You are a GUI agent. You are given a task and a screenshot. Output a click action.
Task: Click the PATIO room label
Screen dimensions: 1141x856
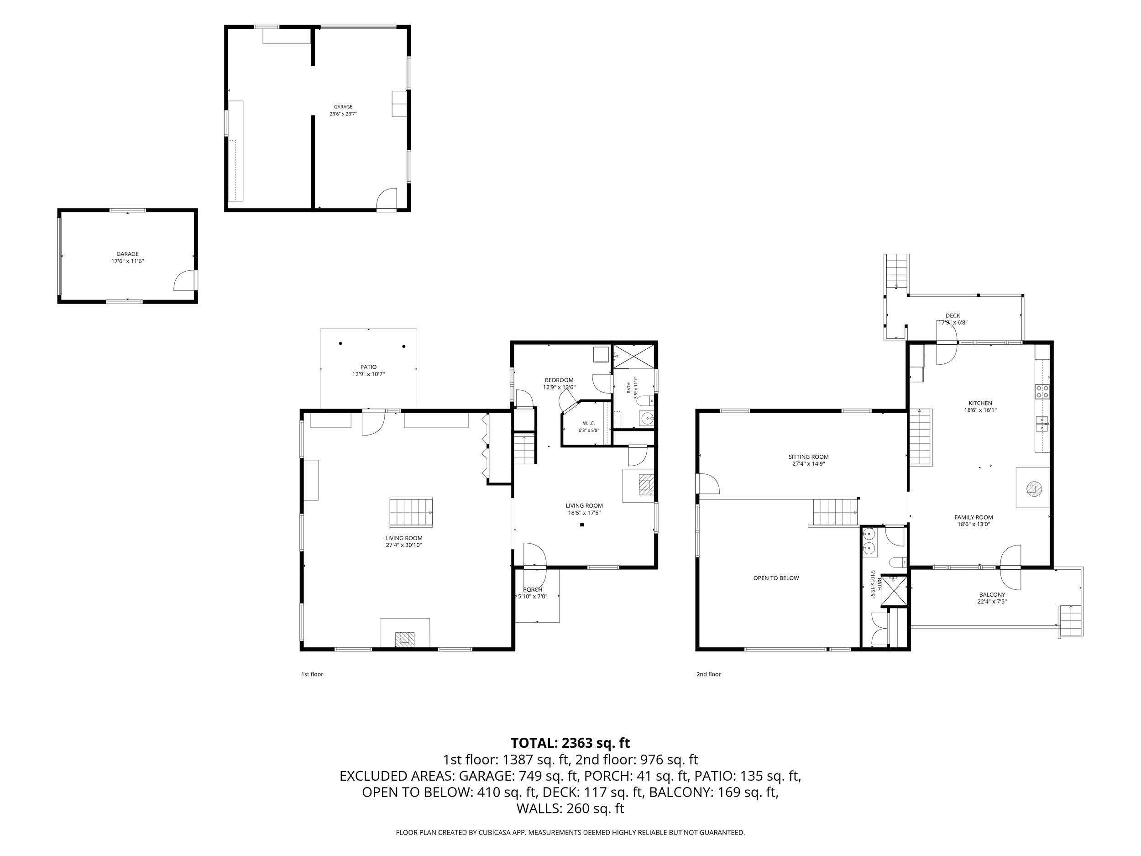(x=368, y=368)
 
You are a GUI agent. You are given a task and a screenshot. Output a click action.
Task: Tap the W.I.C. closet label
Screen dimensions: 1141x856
(x=589, y=423)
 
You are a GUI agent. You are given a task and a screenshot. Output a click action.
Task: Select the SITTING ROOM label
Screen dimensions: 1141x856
(x=808, y=457)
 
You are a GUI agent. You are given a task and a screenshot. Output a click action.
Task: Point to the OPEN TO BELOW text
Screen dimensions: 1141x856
(x=776, y=578)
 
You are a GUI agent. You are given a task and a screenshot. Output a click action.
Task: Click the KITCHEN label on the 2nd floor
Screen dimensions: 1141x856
(x=980, y=404)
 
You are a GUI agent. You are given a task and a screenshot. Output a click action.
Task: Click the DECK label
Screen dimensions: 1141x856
(x=953, y=316)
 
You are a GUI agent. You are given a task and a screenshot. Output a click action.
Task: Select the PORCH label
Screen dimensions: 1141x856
(x=533, y=590)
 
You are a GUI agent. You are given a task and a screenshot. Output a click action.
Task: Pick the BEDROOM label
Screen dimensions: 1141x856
(x=559, y=380)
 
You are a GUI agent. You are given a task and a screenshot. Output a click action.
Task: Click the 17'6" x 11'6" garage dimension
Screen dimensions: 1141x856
(x=127, y=261)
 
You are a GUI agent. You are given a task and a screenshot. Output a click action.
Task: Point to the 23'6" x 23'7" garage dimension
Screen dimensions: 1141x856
(x=343, y=114)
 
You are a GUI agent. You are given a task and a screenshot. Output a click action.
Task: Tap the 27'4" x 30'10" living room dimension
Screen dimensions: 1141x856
(x=404, y=545)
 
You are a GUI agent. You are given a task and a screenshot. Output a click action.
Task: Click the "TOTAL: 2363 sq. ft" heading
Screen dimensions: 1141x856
(x=570, y=743)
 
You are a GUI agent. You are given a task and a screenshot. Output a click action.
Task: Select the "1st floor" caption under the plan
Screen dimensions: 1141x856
(x=312, y=674)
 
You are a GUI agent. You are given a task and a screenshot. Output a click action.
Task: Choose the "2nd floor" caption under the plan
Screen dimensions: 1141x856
(x=709, y=674)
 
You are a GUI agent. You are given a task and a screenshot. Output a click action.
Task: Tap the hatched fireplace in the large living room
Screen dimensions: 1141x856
(x=405, y=639)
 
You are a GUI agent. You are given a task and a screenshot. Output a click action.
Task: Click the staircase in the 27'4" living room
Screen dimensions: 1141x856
(x=411, y=512)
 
